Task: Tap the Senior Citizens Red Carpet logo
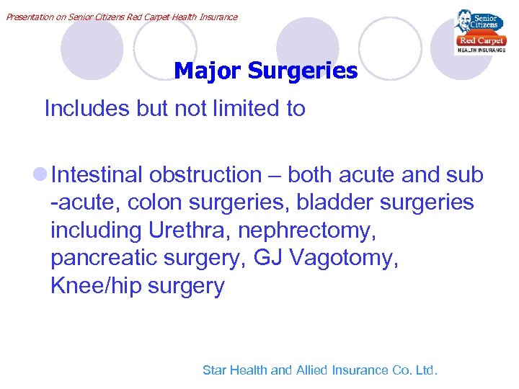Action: (x=479, y=32)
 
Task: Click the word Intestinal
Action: (x=97, y=175)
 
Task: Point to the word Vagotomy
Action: (x=347, y=259)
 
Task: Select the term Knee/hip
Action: (x=96, y=287)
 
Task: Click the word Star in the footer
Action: (x=215, y=370)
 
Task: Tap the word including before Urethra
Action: (x=97, y=231)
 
